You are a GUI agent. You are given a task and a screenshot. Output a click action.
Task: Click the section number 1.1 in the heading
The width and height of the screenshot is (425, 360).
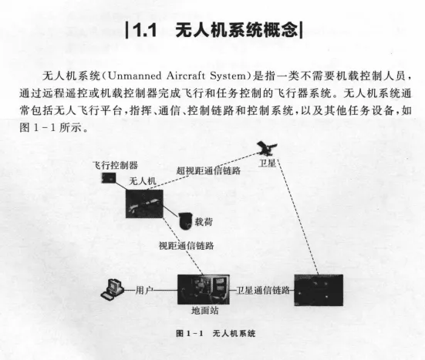click(145, 30)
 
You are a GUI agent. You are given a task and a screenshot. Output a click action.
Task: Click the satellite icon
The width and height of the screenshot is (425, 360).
click(267, 149)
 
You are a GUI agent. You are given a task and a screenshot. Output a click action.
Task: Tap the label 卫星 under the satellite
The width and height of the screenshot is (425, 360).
click(267, 163)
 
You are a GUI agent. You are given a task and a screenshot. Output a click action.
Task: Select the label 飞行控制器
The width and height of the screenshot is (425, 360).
click(115, 165)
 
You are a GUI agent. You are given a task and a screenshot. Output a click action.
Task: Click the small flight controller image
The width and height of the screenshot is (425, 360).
click(109, 178)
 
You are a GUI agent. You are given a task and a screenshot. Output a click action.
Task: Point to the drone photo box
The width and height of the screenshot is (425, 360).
click(144, 204)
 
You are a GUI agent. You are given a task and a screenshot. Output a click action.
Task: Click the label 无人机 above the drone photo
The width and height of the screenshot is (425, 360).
click(143, 181)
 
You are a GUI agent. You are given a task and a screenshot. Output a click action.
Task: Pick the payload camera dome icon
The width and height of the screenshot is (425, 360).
click(185, 220)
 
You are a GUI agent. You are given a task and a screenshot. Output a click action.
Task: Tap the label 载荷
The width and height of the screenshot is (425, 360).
click(204, 222)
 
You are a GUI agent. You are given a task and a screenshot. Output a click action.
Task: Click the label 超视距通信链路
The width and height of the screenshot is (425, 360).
click(208, 170)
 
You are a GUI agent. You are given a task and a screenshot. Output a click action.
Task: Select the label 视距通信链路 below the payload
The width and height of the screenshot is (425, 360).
click(186, 246)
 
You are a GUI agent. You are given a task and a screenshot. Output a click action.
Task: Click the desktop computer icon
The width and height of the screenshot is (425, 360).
click(112, 289)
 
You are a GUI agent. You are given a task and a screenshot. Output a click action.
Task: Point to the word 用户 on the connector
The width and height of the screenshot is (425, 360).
click(144, 291)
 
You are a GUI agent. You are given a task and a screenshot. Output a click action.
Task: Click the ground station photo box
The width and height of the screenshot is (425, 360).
click(204, 290)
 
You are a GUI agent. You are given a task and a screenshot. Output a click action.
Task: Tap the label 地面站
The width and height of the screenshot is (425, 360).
click(205, 311)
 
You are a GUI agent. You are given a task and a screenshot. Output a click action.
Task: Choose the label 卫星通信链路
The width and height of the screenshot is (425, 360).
click(263, 291)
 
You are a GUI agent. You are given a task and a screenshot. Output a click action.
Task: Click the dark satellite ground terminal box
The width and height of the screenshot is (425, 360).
click(319, 290)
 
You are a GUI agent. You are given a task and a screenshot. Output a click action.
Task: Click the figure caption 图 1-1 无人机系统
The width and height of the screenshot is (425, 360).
click(216, 334)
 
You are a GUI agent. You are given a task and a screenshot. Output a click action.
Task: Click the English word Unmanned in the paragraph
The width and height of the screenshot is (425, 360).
click(134, 76)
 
